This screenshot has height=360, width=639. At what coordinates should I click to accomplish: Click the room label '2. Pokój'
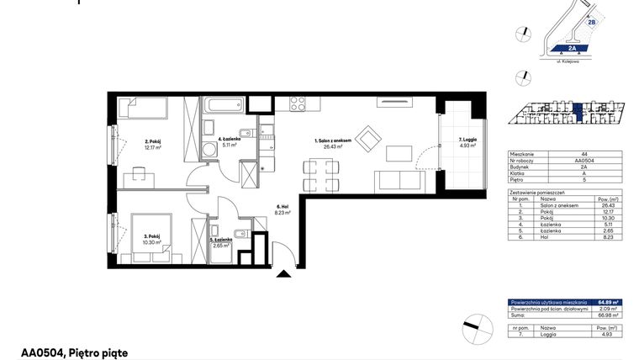coord(152,142)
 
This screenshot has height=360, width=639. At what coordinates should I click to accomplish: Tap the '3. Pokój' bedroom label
coord(151,238)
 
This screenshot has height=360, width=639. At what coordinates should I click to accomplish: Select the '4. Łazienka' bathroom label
coord(229,140)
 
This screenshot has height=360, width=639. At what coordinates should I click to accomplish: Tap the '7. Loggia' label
coord(467,140)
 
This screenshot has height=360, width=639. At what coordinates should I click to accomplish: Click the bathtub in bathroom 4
coord(222,107)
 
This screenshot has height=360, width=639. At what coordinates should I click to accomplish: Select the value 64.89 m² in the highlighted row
coord(609,301)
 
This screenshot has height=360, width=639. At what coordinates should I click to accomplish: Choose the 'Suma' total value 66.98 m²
coord(609,314)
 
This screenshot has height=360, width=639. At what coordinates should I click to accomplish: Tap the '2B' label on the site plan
coord(591,23)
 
